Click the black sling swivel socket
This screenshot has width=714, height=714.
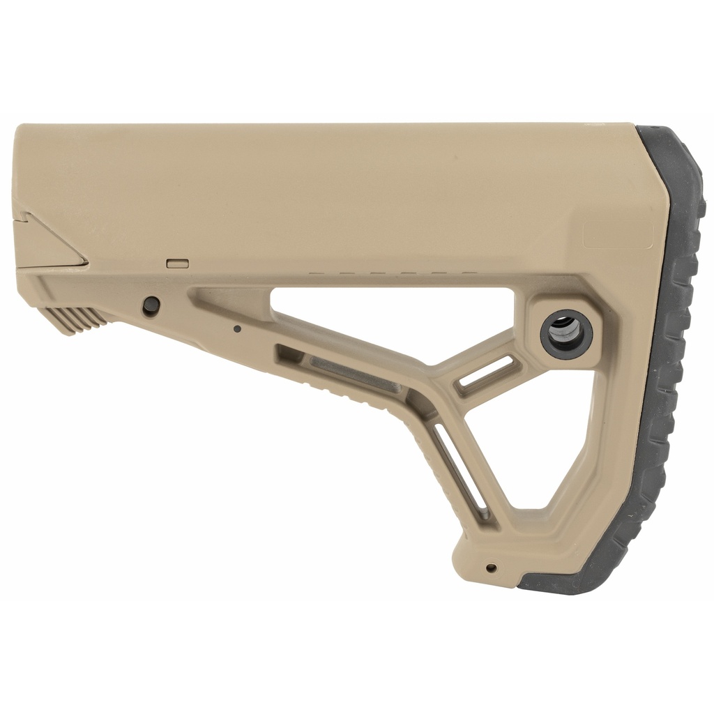coord(566,333)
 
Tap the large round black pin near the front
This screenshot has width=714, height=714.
coord(151,305)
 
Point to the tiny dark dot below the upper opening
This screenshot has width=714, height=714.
coord(237,328)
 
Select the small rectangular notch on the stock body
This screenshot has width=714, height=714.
coord(178,263)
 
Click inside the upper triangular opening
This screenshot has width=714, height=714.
coord(390,321)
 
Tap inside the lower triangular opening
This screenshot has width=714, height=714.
coord(530,446)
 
